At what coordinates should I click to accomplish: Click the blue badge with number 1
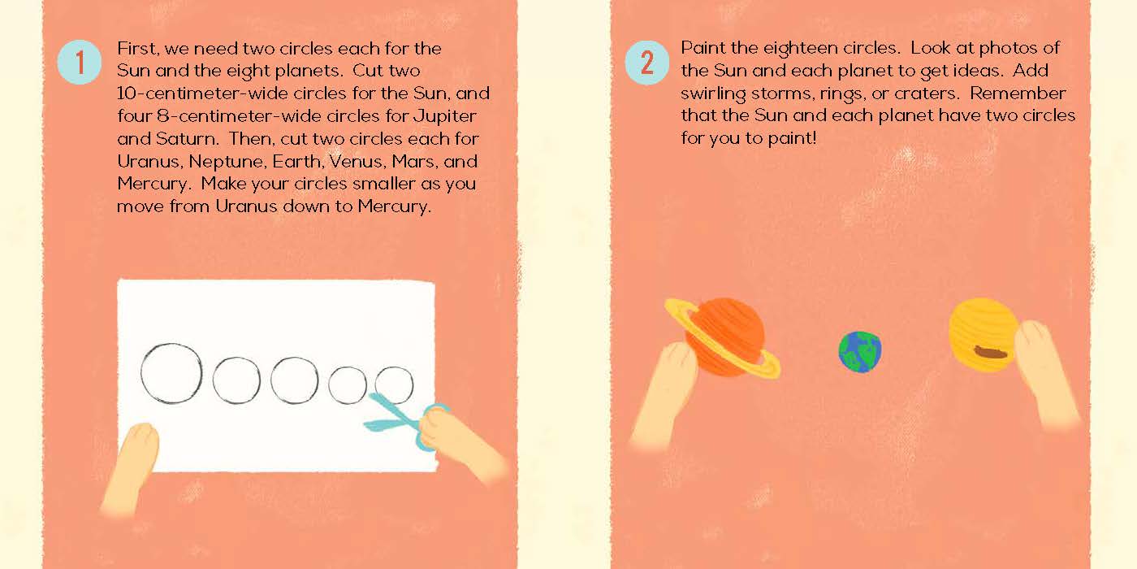[80, 63]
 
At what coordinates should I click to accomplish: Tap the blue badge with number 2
[647, 63]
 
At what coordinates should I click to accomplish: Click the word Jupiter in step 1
[445, 116]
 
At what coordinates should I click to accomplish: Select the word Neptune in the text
[227, 162]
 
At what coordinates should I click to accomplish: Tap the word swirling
[714, 94]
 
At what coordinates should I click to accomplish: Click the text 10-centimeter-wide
[196, 93]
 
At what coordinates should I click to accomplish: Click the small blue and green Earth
[860, 352]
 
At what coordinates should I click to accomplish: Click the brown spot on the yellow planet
[990, 351]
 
